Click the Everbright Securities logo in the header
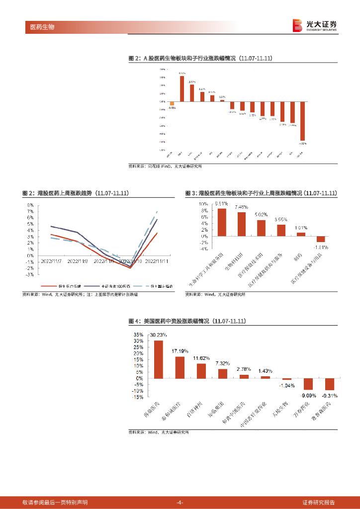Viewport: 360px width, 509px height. (x=315, y=25)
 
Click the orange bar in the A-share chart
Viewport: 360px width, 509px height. (x=172, y=103)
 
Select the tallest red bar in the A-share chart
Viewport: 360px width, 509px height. (x=182, y=88)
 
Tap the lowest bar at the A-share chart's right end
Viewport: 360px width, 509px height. (x=302, y=121)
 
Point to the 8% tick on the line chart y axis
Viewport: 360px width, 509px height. (x=30, y=205)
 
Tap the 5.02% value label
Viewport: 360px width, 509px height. (x=261, y=215)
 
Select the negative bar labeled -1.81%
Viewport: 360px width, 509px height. (x=321, y=239)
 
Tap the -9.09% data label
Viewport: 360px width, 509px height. (x=308, y=395)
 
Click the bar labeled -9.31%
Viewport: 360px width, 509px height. (x=330, y=384)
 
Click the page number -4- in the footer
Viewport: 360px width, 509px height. (x=180, y=502)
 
